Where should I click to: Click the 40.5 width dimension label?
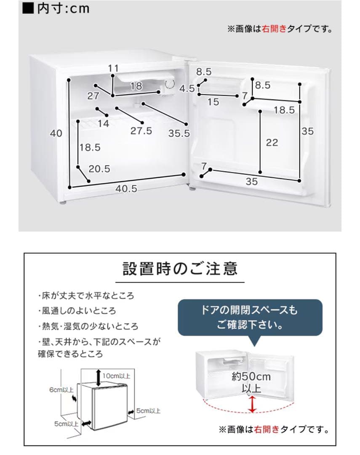point(126,189)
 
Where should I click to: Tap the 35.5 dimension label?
point(179,133)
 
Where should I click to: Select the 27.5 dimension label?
point(141,131)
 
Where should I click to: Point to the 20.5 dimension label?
point(99,169)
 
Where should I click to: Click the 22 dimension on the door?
point(272,142)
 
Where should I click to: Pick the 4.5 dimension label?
point(187,88)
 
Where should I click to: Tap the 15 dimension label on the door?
point(213,102)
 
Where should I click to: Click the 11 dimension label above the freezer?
point(113,68)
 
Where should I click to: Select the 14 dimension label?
point(103,123)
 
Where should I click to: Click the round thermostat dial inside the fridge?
point(170,84)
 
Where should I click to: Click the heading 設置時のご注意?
point(180,268)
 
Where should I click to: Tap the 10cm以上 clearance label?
point(116,376)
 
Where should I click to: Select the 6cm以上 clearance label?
point(61,390)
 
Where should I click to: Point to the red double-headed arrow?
point(252,404)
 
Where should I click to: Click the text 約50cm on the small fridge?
point(251,377)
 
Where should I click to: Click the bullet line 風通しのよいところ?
point(77,311)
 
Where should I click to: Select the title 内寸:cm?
point(56,8)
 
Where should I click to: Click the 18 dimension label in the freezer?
point(136,86)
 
